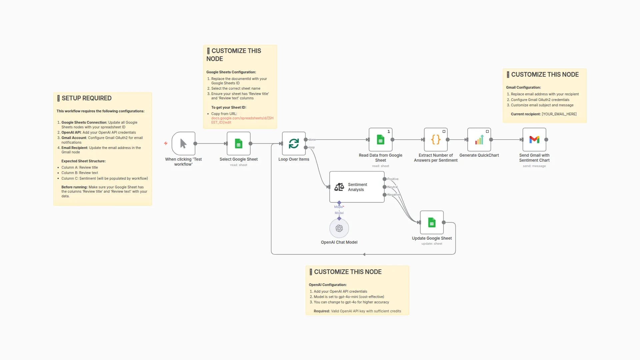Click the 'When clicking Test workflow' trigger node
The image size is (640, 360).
183,143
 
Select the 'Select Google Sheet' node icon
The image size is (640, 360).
239,143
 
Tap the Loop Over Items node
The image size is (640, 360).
294,143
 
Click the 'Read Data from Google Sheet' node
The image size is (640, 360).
380,140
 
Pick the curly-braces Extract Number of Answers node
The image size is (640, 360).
436,140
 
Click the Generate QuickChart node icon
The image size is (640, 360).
479,140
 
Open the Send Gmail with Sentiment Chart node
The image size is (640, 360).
534,140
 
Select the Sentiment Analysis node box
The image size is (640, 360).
357,187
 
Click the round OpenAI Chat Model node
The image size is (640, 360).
339,228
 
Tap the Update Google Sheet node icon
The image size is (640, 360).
432,222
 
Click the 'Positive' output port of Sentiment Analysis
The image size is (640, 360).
385,179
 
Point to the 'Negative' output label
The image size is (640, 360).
393,195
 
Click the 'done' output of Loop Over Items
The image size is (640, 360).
306,140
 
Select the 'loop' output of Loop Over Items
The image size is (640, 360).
306,147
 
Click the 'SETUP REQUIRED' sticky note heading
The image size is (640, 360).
86,98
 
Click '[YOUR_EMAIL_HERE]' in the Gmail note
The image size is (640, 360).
559,114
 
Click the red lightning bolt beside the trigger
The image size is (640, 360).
166,143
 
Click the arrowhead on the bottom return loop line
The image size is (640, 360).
364,254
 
